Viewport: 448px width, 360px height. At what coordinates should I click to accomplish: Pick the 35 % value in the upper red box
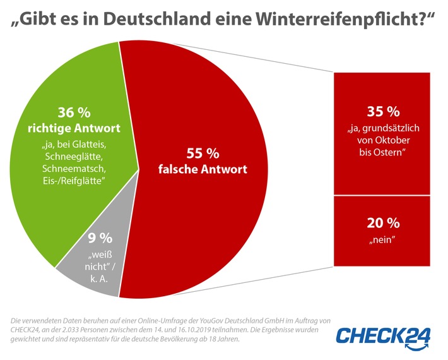tap(383, 112)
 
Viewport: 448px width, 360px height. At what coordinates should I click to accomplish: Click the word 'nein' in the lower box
tap(383, 240)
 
